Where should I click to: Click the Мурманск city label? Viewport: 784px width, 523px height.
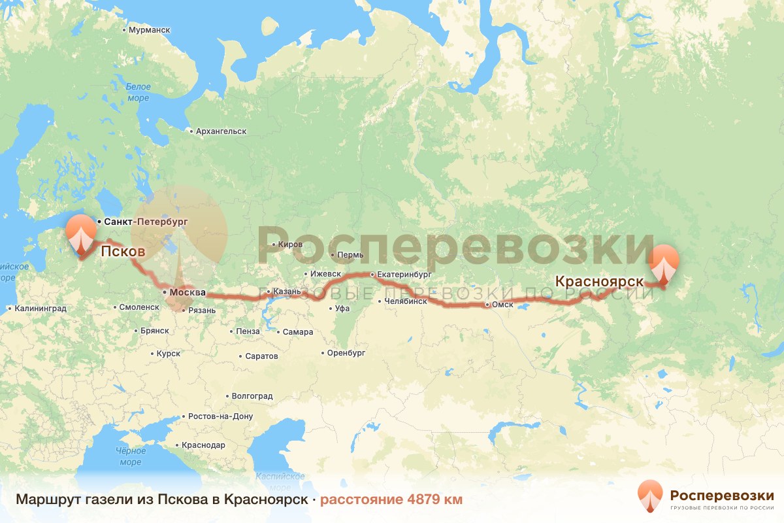tap(149, 31)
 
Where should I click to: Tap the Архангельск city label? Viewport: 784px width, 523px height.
tap(220, 131)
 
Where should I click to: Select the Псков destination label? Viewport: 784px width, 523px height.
tap(122, 250)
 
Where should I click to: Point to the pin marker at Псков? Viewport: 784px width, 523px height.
tap(80, 235)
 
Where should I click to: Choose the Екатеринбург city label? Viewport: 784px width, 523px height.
tap(405, 275)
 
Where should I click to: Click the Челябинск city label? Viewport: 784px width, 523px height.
tap(406, 301)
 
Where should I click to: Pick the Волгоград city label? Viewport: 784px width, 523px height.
tap(252, 396)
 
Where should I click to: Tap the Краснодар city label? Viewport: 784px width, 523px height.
tap(203, 445)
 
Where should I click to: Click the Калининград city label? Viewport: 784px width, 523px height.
tap(41, 308)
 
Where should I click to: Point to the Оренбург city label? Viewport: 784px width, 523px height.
tap(346, 353)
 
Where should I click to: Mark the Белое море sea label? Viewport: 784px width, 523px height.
tap(138, 92)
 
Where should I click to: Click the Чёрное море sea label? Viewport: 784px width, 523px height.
tap(130, 456)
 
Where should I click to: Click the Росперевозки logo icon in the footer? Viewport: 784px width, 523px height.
tap(650, 496)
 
